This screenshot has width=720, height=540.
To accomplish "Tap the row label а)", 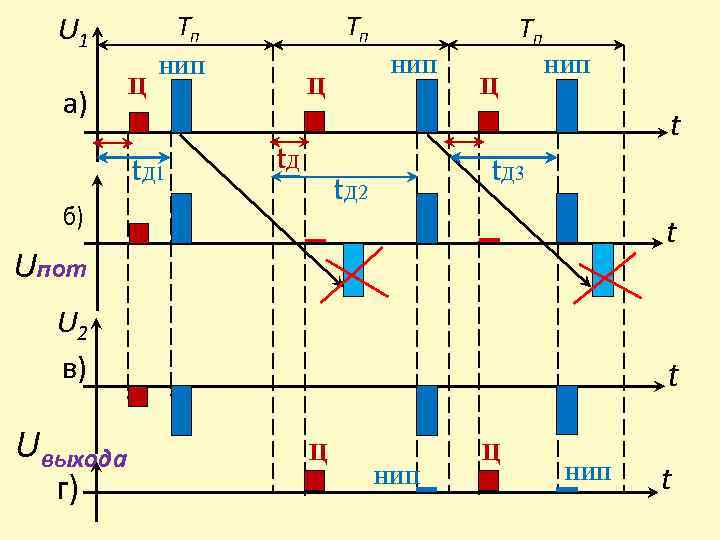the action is pos(71,104).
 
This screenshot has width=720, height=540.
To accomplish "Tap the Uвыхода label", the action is pos(72,451).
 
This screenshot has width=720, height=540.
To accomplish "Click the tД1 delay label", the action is pos(148,173).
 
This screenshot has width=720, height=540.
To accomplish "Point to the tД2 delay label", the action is pos(351,189).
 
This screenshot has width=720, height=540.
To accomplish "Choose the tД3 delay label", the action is pos(508,172).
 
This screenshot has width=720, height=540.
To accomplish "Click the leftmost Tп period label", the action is pos(188,28).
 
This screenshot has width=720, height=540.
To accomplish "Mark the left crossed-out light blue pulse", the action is pos(354,270).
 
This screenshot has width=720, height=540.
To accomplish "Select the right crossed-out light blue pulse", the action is pos(603,270).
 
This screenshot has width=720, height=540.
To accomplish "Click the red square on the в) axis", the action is pos(138,396).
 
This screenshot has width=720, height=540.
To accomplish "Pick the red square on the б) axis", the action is pos(139,232).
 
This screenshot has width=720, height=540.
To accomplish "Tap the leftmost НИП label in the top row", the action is pos(182,67).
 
